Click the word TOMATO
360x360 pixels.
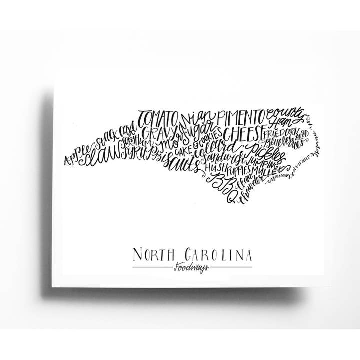tap(157, 119)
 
